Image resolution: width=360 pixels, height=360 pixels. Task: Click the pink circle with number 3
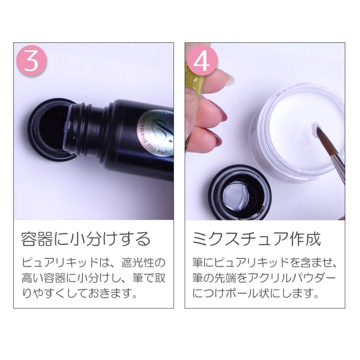coord(32,62)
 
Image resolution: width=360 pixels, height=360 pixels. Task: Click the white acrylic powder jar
coord(298,132)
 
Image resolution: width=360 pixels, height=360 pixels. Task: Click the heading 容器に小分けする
coord(86,239)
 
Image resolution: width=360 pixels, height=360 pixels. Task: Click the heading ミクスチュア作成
coord(256,239)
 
